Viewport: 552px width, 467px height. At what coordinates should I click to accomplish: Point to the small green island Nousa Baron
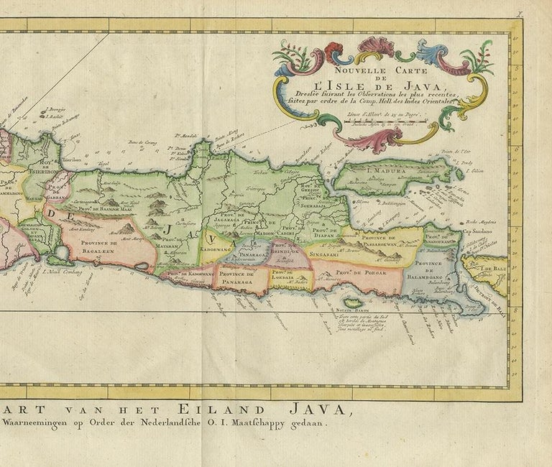click(x=352, y=302)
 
